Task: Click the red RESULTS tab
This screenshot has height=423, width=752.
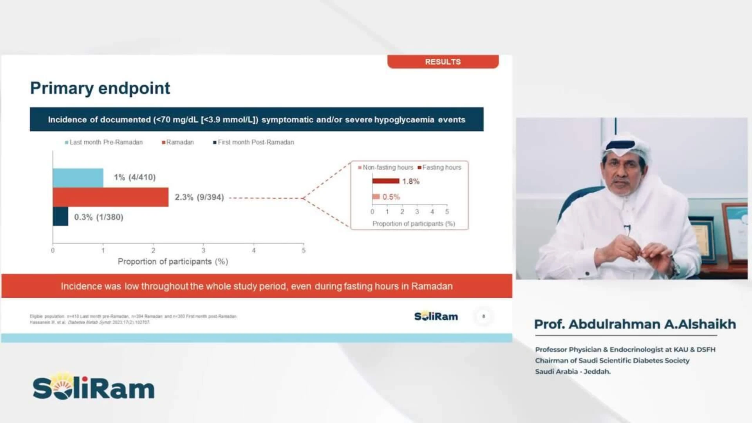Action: (x=443, y=62)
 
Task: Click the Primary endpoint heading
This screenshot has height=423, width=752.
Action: (x=100, y=88)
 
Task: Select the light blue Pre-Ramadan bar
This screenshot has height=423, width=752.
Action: (x=78, y=178)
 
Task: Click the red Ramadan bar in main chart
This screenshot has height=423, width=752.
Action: (x=110, y=197)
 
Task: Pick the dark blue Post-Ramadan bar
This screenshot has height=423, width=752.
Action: (x=60, y=217)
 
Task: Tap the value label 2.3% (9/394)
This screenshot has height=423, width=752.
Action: (x=199, y=197)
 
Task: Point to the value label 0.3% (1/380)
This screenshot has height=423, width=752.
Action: (x=99, y=217)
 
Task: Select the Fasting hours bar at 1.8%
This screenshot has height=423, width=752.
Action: (x=386, y=181)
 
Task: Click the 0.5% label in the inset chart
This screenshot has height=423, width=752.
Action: (x=391, y=197)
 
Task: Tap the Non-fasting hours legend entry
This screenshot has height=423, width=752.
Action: (x=387, y=167)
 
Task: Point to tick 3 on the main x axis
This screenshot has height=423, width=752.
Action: (x=203, y=250)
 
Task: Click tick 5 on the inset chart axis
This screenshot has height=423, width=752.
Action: (x=447, y=211)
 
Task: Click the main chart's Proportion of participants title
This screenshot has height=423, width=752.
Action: (x=173, y=262)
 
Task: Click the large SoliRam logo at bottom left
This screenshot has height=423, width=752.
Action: (x=94, y=387)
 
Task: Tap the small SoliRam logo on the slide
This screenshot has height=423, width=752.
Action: (x=436, y=316)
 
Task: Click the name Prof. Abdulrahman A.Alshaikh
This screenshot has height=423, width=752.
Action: (x=635, y=324)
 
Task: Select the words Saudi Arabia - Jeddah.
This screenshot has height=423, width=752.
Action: (x=573, y=371)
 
